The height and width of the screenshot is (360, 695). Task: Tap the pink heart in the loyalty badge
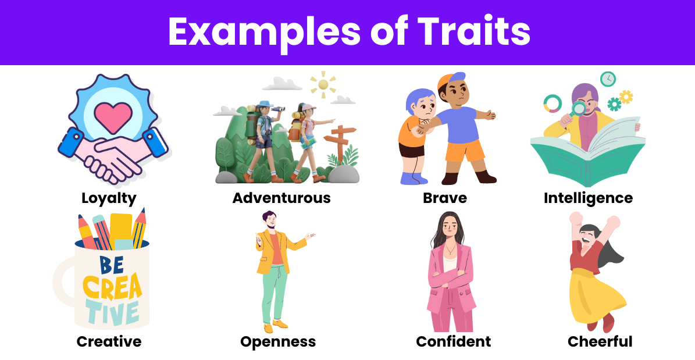(x=113, y=117)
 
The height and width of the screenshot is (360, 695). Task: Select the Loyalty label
(x=109, y=198)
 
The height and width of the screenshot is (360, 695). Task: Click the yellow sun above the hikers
(x=323, y=84)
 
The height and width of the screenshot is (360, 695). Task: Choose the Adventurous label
(x=281, y=198)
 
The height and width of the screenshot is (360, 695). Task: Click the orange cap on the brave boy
(x=448, y=81)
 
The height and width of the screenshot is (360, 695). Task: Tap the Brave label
(x=445, y=198)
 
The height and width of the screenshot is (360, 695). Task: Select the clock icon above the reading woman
(x=608, y=79)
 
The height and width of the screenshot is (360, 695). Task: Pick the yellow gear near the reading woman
(x=626, y=97)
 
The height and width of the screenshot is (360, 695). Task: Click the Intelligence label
(x=588, y=198)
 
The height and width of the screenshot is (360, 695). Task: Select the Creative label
(x=109, y=341)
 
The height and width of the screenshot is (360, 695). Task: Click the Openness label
(x=278, y=342)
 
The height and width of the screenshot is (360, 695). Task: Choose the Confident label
(x=454, y=341)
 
